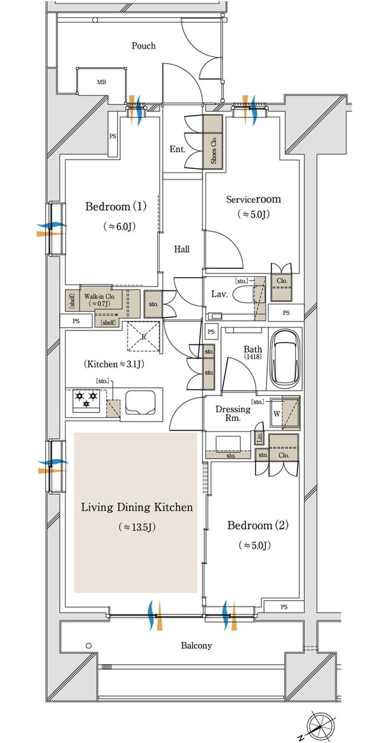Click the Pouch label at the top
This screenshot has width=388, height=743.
pos(143,46)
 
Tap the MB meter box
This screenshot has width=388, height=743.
pos(102,82)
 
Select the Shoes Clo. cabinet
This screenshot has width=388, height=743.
pos(214,141)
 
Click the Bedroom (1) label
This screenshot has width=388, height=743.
pos(116,206)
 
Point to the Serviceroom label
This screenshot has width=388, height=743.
pos(253,199)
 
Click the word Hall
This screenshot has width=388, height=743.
pos(182,249)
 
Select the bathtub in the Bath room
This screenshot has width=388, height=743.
pos(286,358)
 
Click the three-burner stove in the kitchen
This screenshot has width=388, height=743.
pos(87,399)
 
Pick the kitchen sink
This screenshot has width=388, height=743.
pos(141,402)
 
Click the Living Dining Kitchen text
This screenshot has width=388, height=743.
pos(137,507)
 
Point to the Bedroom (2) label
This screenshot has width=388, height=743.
pos(258,525)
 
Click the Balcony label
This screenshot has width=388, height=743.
pos(197,646)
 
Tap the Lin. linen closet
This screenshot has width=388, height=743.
pos(260,437)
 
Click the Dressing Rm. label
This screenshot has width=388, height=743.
pos(233,414)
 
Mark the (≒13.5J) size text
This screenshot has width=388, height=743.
pos(137,527)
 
